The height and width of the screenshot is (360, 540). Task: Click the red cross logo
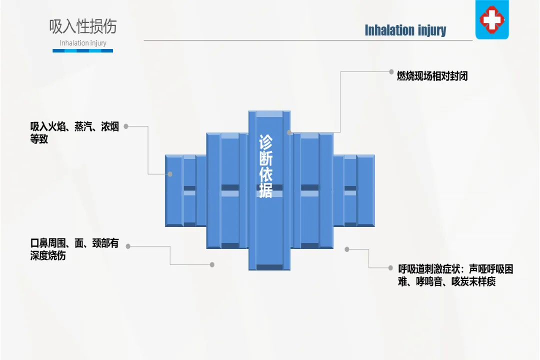[491, 19]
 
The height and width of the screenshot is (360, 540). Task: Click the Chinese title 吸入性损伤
[83, 26]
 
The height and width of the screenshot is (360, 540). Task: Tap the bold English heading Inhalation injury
[405, 30]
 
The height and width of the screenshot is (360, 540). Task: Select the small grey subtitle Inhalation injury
[83, 43]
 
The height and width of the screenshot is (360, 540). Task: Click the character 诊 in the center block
[265, 142]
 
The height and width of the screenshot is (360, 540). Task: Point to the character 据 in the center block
[265, 190]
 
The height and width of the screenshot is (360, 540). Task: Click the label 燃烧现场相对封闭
[432, 76]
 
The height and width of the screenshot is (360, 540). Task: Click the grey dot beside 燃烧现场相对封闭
[391, 71]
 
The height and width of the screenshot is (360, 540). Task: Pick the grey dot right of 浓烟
[126, 126]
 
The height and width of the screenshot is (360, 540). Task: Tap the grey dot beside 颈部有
[128, 246]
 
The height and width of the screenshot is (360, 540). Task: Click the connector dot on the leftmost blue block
[170, 174]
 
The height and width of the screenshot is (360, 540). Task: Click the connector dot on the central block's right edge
[289, 132]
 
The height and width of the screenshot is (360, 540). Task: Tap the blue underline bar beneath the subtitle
[83, 50]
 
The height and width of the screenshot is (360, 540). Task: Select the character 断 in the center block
[265, 158]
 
